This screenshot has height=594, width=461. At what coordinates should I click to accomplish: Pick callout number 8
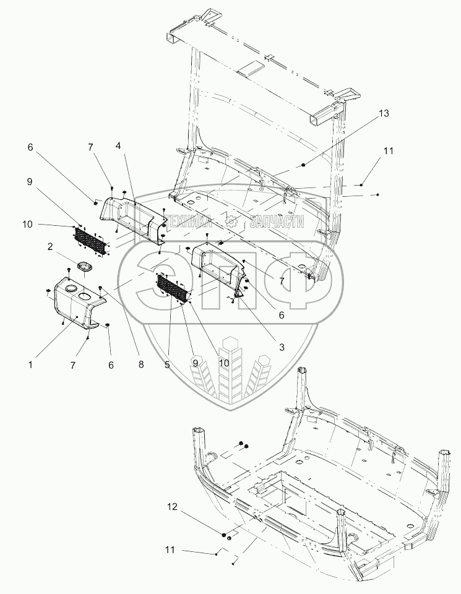pyautogui.click(x=141, y=364)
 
